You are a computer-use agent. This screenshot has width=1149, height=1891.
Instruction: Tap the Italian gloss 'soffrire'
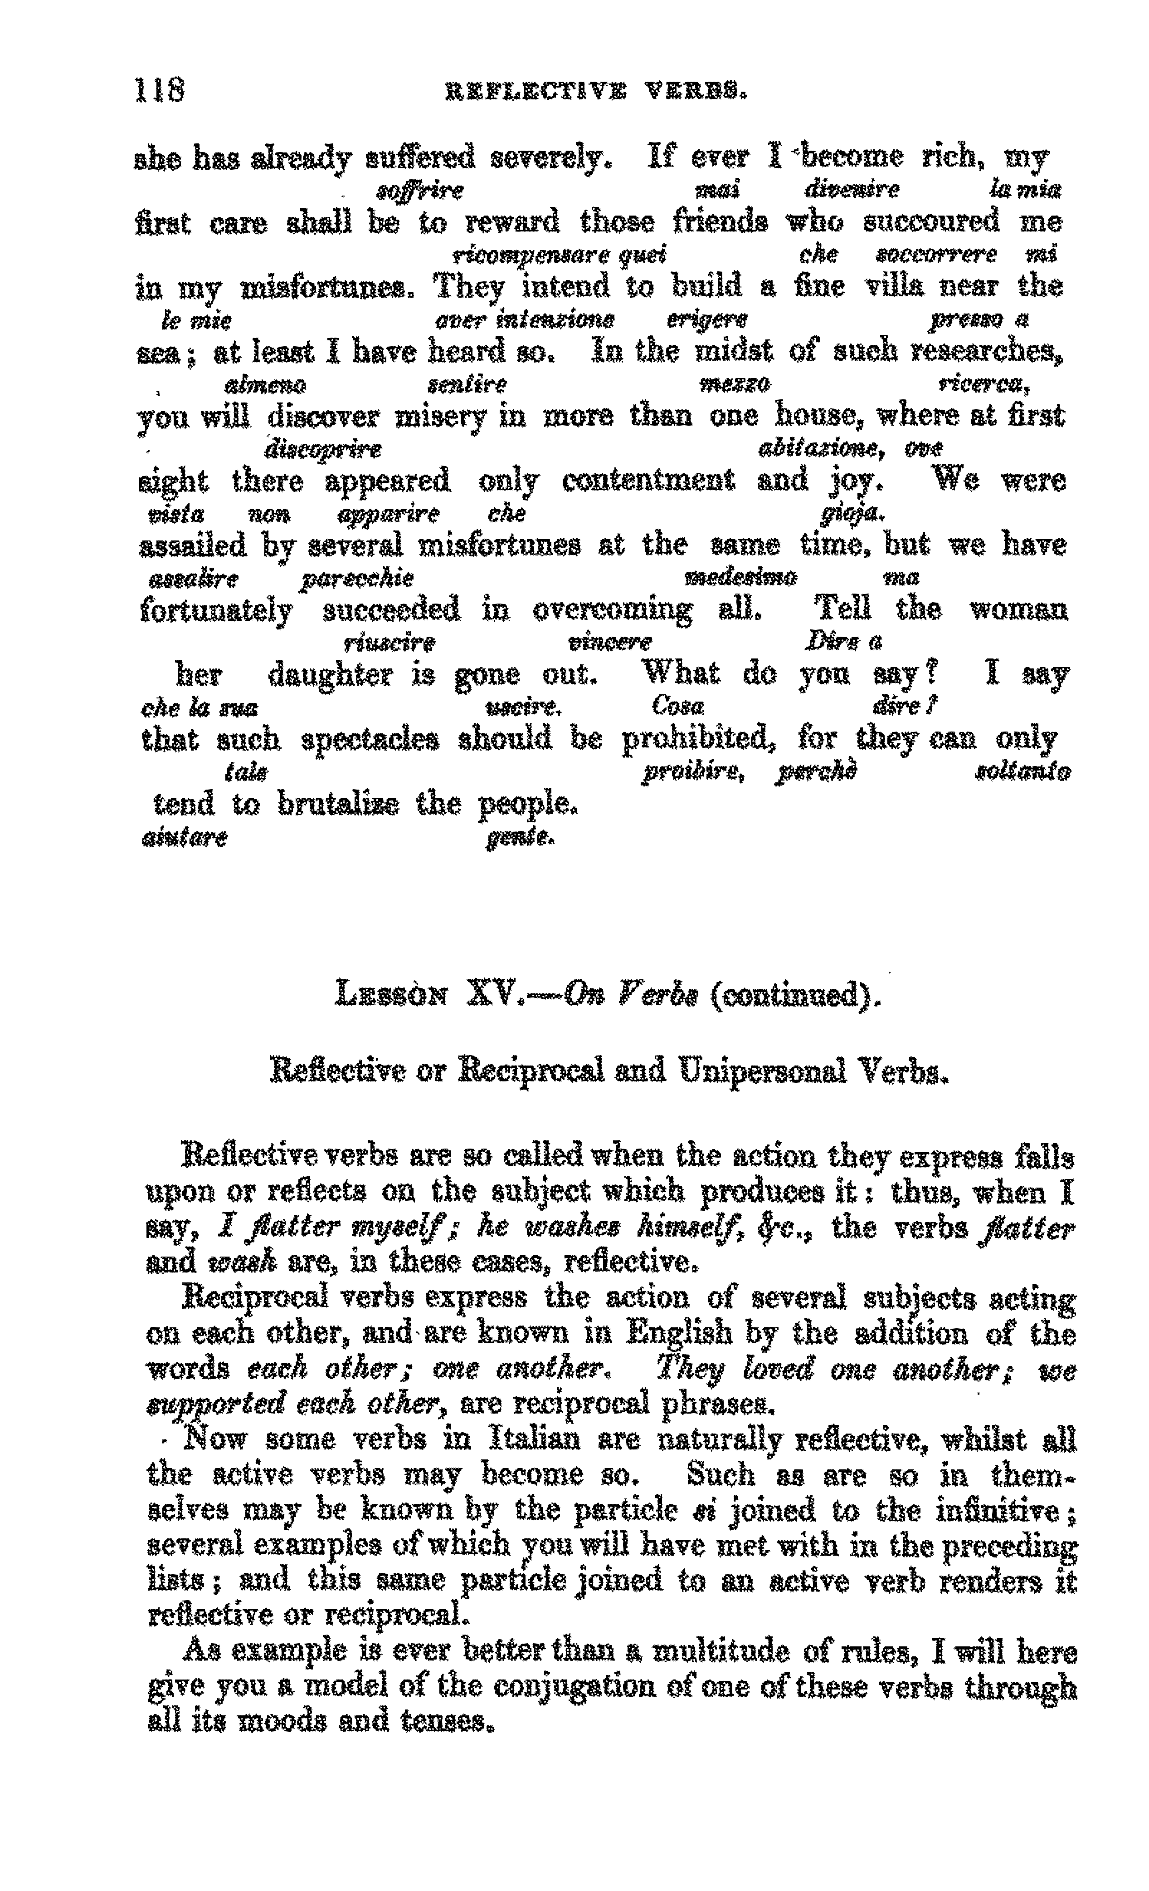(x=420, y=190)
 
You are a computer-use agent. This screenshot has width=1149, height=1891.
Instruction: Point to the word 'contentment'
(x=648, y=481)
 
